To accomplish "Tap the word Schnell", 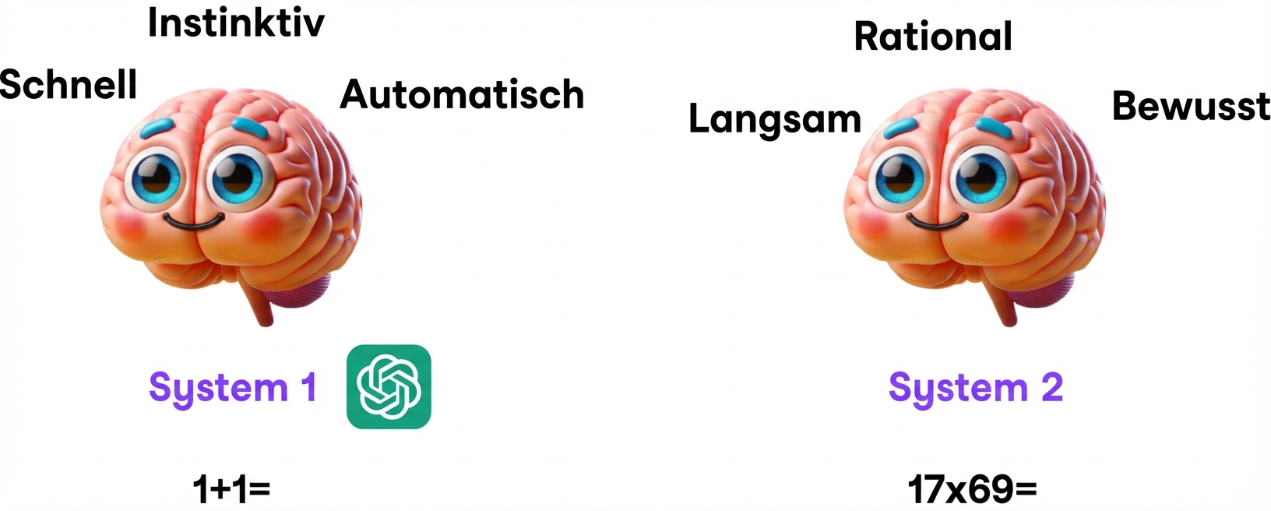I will tap(69, 84).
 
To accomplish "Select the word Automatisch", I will tap(462, 94).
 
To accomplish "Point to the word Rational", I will tap(933, 37).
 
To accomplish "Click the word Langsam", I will tap(775, 119).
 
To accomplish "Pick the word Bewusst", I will tap(1191, 106).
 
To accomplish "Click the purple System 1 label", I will tap(233, 387).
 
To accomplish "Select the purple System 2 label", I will tap(975, 387).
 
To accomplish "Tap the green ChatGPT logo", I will tap(389, 386).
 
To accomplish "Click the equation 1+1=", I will tap(231, 489).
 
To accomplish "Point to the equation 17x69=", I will tap(972, 489).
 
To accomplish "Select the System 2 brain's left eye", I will tap(901, 178).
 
